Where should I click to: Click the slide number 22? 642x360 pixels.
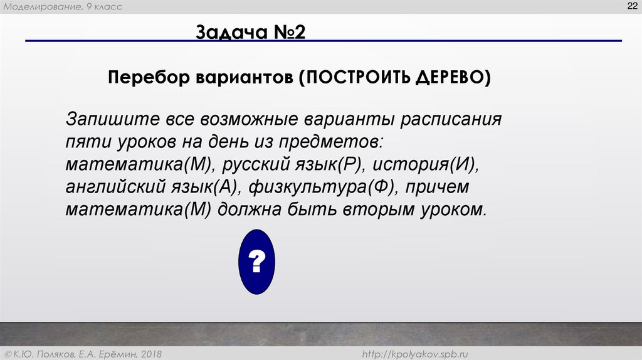click(x=630, y=6)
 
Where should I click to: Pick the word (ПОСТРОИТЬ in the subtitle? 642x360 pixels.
click(x=352, y=78)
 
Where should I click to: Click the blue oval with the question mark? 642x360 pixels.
click(x=257, y=262)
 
